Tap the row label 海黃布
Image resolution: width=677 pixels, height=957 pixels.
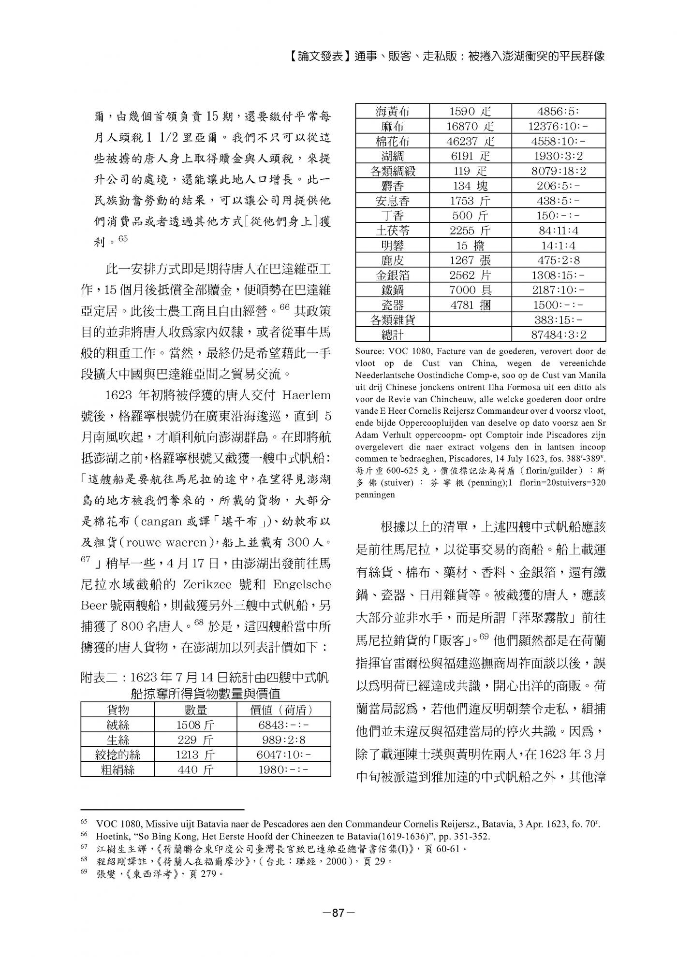click(x=392, y=112)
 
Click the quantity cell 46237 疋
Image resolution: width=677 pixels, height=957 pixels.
click(x=470, y=141)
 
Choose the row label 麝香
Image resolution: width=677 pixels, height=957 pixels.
click(x=392, y=186)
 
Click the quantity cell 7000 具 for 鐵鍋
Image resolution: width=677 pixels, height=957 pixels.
click(x=470, y=290)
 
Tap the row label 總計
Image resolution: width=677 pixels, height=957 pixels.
click(x=392, y=334)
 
